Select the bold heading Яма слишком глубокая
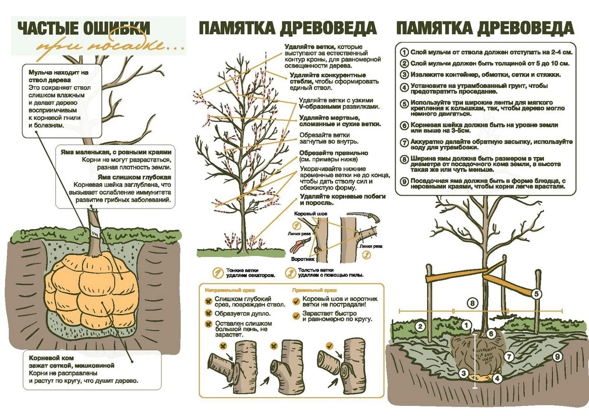tap(134, 177)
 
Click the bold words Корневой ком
tap(51, 358)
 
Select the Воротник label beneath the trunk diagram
tap(303, 259)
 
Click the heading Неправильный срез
tap(230, 290)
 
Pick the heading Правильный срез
tap(315, 290)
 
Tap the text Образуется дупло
tap(242, 313)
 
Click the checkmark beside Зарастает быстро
tap(296, 315)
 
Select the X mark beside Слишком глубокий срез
tap(209, 301)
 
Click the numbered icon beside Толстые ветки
tap(290, 273)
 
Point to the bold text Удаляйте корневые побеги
tap(343, 197)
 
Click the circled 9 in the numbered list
tap(404, 182)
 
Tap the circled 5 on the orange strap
tap(536, 294)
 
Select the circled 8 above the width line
tap(472, 304)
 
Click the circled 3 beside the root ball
tap(463, 373)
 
